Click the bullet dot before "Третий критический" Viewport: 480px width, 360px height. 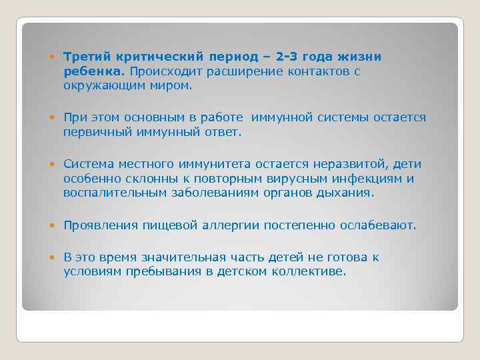click(55, 57)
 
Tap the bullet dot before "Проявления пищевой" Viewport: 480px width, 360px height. click(55, 226)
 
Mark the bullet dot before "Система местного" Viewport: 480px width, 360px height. click(55, 165)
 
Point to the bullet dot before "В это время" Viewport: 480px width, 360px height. click(55, 258)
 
